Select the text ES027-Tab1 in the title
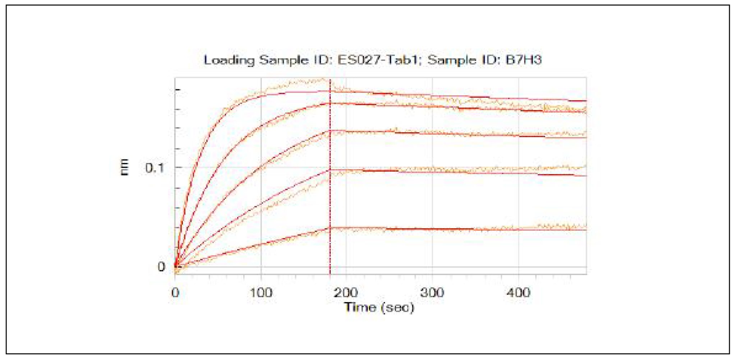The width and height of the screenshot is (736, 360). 377,60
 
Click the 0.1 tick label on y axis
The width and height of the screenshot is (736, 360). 154,168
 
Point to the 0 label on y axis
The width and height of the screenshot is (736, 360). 161,267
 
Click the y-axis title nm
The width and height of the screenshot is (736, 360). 124,167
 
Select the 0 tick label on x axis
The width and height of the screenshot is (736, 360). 175,292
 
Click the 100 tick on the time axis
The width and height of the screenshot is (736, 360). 261,292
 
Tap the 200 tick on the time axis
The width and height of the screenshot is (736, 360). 346,292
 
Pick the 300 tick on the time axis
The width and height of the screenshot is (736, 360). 432,292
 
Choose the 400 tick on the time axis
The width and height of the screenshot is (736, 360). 518,292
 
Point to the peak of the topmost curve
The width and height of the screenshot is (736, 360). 323,79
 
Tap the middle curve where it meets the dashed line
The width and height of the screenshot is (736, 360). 330,131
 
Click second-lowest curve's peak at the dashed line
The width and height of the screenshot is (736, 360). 330,170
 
